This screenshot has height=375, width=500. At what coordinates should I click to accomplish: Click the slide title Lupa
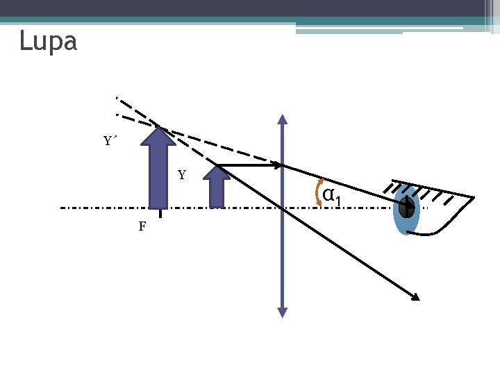48,42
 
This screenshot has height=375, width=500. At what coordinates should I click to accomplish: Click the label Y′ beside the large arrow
110,142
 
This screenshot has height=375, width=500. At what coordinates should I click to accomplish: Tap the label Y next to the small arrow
182,175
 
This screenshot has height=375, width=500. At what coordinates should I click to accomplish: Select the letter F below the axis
142,226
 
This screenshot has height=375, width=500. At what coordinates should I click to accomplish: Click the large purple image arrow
158,174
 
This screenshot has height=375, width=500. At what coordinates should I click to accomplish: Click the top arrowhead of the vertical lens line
282,118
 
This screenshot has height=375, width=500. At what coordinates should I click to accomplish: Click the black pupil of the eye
406,206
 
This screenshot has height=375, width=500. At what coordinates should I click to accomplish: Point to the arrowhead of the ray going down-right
415,297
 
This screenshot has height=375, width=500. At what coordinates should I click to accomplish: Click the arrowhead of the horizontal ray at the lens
277,166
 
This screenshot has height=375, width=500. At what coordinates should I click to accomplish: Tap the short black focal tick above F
160,213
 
